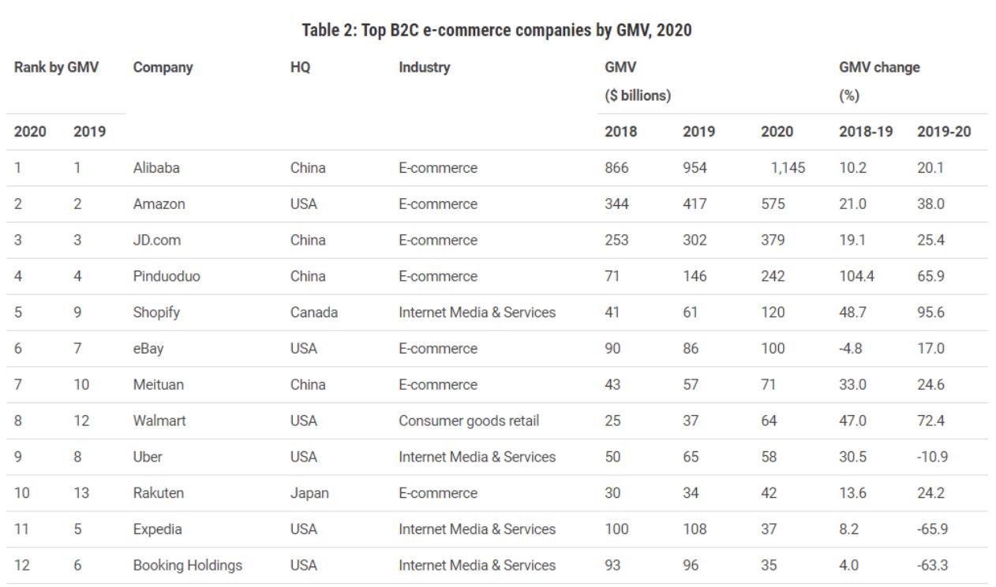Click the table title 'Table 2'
click(497, 31)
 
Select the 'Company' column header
click(163, 68)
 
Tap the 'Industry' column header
click(424, 68)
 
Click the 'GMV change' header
click(879, 68)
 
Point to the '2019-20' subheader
click(943, 132)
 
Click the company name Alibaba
click(156, 168)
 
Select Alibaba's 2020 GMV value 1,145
click(785, 168)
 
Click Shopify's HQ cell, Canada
click(313, 312)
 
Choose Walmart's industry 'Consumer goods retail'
click(469, 421)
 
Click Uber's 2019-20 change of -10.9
click(931, 457)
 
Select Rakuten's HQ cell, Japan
click(309, 493)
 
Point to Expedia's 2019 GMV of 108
click(695, 529)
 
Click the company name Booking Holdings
click(187, 566)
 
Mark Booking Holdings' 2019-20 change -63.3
click(931, 566)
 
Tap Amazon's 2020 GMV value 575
click(773, 204)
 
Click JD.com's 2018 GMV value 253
click(616, 240)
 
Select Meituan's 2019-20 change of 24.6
click(930, 385)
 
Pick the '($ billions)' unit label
click(637, 96)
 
